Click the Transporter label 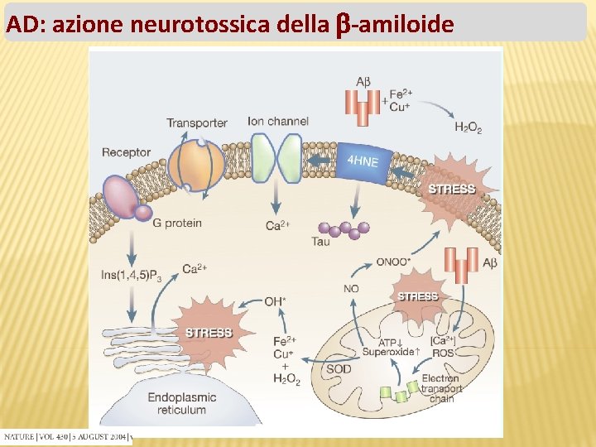tap(196, 123)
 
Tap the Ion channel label tap(278, 121)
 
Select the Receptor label tap(126, 152)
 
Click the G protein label tap(177, 223)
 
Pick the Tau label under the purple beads tap(322, 243)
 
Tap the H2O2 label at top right tap(468, 127)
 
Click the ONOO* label tap(393, 262)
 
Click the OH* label tap(275, 301)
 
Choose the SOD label tap(339, 369)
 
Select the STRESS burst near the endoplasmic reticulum tap(208, 333)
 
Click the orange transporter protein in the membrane tap(196, 164)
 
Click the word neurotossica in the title tap(199, 25)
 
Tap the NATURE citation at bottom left tap(66, 436)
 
